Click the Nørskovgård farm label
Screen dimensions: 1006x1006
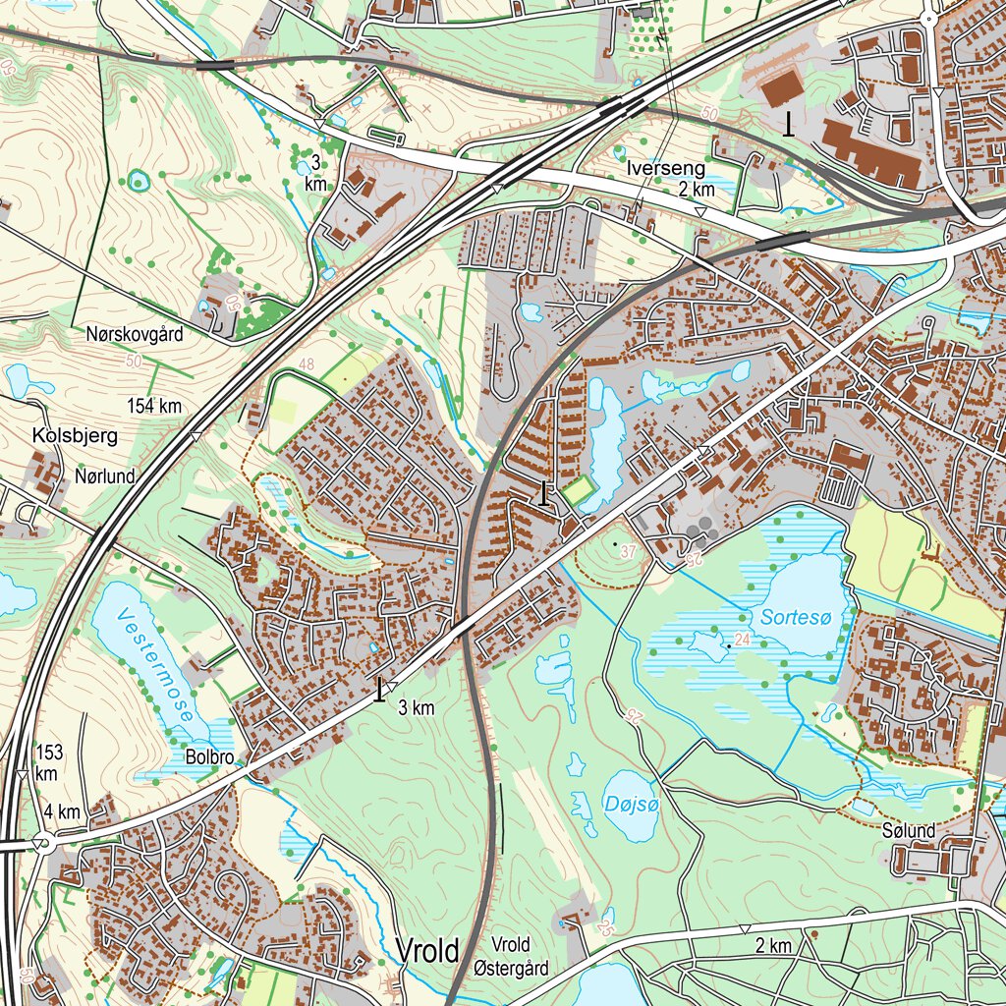click(x=135, y=334)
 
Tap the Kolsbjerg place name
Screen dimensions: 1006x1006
click(x=75, y=435)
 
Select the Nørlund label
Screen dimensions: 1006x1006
click(x=105, y=476)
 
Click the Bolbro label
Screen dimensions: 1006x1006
click(x=209, y=757)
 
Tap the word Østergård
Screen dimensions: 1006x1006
click(x=511, y=969)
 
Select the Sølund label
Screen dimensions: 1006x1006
click(x=909, y=832)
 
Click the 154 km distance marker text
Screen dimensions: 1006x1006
click(x=154, y=406)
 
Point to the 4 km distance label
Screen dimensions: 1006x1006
click(x=62, y=812)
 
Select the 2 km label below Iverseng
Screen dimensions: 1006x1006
click(x=697, y=190)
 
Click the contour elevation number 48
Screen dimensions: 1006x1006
click(x=306, y=364)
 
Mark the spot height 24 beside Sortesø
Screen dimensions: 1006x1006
click(x=741, y=640)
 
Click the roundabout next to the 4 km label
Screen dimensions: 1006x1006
click(x=40, y=842)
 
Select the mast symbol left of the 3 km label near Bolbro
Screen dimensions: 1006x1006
click(x=380, y=690)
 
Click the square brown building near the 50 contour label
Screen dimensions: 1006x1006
click(x=781, y=87)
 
